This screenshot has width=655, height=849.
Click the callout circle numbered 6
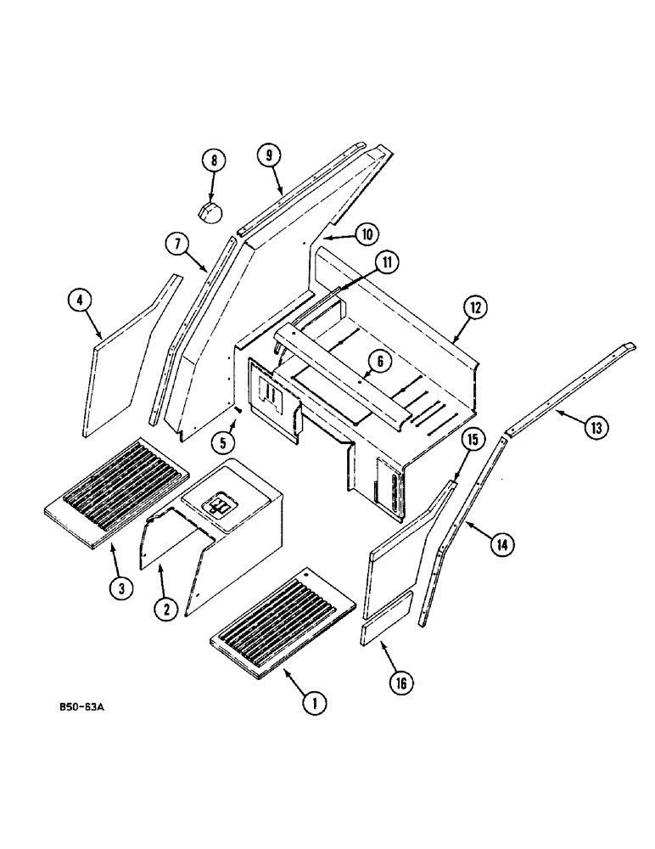[379, 361]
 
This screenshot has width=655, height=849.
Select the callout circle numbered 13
[596, 429]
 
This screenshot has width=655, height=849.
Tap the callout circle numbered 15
[474, 441]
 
